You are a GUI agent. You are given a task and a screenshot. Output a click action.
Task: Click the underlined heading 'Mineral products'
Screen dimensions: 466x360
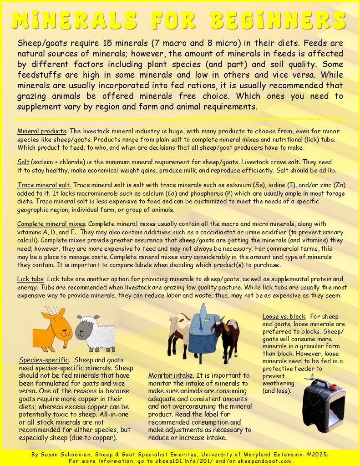[x=42, y=132]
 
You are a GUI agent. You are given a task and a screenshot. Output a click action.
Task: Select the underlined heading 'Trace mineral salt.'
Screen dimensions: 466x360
[x=44, y=185]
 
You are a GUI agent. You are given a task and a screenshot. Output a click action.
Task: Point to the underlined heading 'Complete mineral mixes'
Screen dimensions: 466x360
[x=51, y=224]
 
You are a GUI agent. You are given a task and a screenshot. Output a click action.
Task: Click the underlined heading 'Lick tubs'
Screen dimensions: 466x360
[x=30, y=278]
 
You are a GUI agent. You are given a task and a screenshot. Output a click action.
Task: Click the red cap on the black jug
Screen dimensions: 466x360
[x=334, y=387]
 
